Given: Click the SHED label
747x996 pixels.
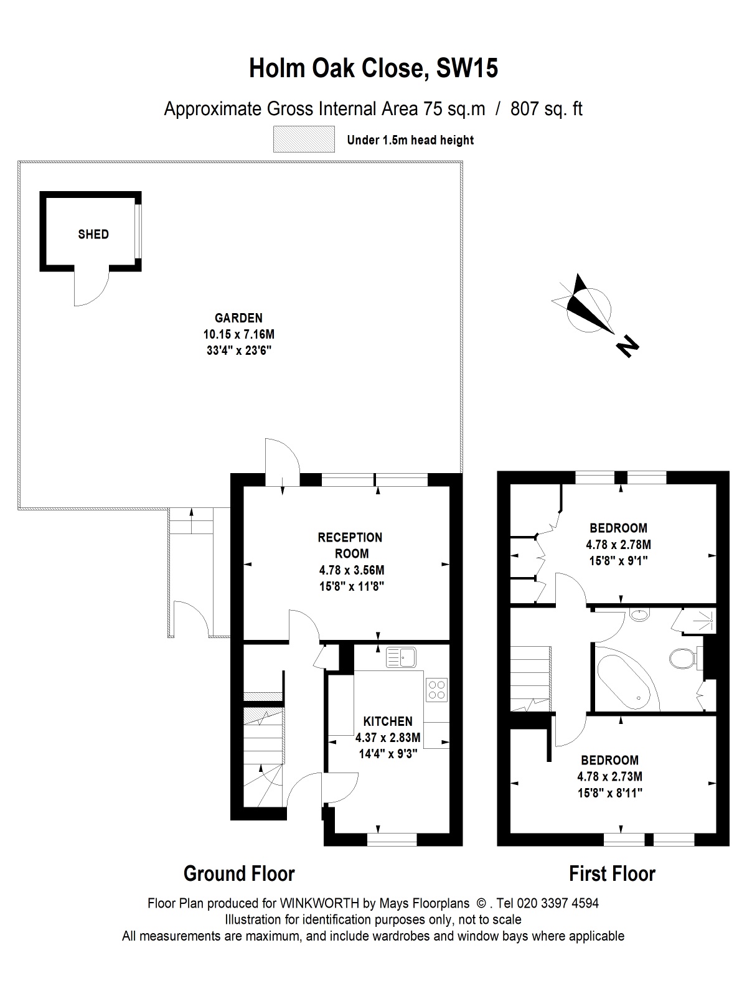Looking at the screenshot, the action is pyautogui.click(x=93, y=234).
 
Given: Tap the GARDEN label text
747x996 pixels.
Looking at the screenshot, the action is pyautogui.click(x=238, y=317).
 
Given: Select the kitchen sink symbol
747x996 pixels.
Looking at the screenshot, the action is pyautogui.click(x=401, y=657).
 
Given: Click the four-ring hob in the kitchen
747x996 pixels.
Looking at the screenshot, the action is pyautogui.click(x=437, y=690).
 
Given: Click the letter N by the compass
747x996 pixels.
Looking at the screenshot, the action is pyautogui.click(x=627, y=347).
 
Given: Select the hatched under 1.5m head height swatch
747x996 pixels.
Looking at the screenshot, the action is pyautogui.click(x=304, y=139).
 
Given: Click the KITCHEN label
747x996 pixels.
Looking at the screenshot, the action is pyautogui.click(x=388, y=721).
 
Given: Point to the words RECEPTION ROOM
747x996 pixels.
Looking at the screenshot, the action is pyautogui.click(x=350, y=545).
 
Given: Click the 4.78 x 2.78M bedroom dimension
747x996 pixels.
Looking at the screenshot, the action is pyautogui.click(x=619, y=544).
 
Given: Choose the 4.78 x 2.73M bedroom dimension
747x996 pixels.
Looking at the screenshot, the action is pyautogui.click(x=610, y=776).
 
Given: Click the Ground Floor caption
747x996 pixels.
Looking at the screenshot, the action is pyautogui.click(x=239, y=873).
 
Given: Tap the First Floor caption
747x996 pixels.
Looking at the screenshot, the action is pyautogui.click(x=613, y=873).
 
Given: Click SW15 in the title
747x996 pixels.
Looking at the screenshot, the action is pyautogui.click(x=467, y=68).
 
